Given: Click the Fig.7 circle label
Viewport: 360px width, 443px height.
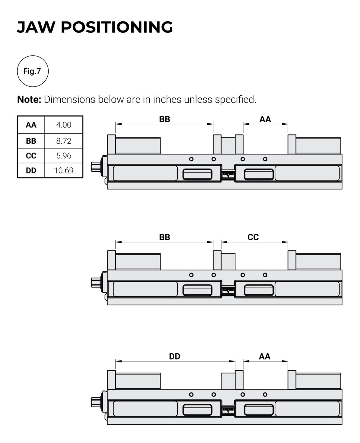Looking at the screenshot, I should tap(32, 71).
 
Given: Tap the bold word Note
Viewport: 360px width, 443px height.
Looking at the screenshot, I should tap(29, 99).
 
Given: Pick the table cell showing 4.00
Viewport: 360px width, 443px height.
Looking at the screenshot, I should tap(64, 125).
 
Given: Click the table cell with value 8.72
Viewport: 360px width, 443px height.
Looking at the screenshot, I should tap(64, 141).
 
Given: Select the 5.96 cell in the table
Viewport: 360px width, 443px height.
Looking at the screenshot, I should tap(64, 156).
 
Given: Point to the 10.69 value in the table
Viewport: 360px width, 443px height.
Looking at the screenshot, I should tap(64, 170).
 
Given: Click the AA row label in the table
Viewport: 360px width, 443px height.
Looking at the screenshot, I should tap(31, 125).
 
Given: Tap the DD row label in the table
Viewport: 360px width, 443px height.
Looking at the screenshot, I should tap(31, 170).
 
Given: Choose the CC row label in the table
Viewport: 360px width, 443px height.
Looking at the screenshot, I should tap(31, 156).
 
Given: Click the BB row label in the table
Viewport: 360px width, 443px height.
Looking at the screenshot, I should tap(31, 141).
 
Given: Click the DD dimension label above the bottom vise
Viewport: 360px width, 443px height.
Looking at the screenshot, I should tap(175, 356).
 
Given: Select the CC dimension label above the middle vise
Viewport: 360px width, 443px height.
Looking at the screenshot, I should tap(253, 237).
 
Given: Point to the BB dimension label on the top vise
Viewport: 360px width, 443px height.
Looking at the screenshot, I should tap(164, 119).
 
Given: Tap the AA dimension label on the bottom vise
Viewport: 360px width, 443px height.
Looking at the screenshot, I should tap(265, 356).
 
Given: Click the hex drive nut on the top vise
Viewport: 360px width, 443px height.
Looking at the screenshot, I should tap(95, 166).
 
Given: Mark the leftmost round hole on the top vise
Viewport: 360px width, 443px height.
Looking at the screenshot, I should tap(191, 159).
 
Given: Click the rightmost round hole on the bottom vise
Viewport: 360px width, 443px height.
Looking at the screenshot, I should tap(265, 394).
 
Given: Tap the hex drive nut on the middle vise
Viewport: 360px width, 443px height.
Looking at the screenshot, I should tap(95, 282).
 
